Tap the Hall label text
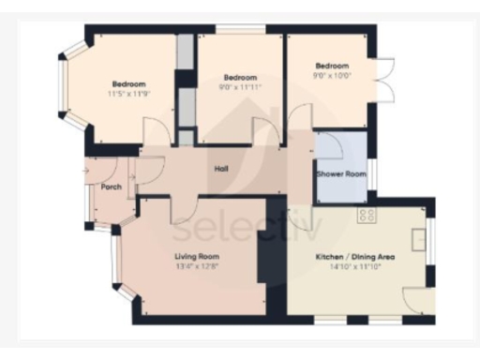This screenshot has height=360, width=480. click(x=221, y=169)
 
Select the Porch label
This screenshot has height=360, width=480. click(x=112, y=186)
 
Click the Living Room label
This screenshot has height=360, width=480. click(x=197, y=256)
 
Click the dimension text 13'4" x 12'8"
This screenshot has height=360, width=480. click(x=197, y=266)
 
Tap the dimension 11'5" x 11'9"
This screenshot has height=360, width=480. click(x=128, y=94)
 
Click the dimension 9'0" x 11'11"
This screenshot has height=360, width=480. click(x=240, y=87)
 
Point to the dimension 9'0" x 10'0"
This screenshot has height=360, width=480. click(x=332, y=77)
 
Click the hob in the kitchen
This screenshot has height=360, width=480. click(x=367, y=216)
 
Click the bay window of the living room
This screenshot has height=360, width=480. click(x=118, y=262)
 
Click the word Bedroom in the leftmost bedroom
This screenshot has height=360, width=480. click(x=128, y=83)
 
